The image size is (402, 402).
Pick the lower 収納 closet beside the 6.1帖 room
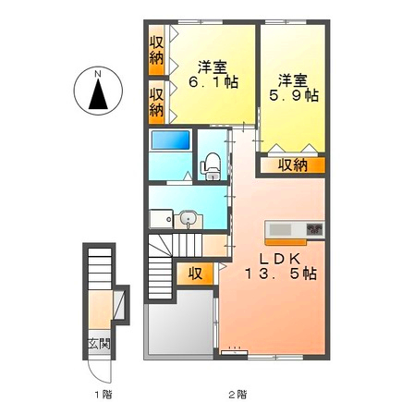pos(158,100)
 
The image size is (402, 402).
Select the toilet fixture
pos(212,163)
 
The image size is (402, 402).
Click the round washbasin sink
pos(189,219)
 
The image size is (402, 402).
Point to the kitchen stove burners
pos(314,228)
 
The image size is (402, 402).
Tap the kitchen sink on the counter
pos(281,228)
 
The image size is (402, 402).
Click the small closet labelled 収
pos(196,274)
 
